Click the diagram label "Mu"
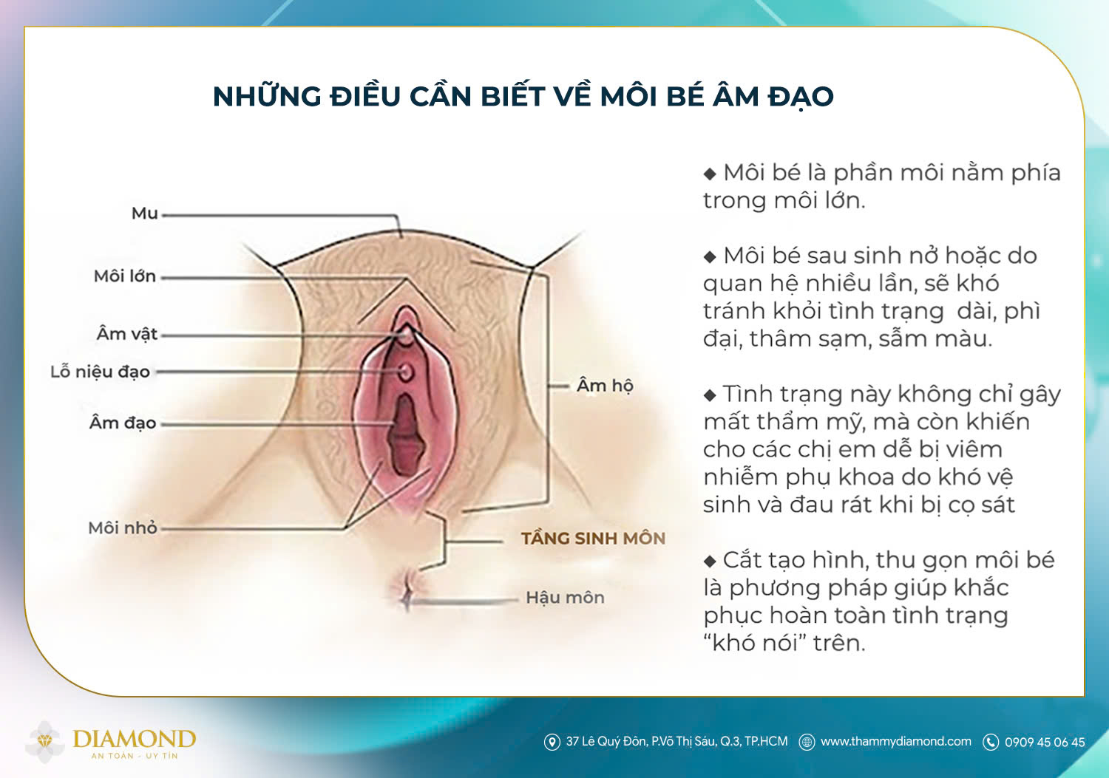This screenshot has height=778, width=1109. pyautogui.click(x=145, y=214)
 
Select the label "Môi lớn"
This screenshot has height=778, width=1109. pyautogui.click(x=124, y=276)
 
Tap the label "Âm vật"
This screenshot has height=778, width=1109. pyautogui.click(x=127, y=334)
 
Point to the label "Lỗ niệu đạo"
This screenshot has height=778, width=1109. pyautogui.click(x=100, y=372)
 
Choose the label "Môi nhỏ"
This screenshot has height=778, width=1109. pyautogui.click(x=123, y=528)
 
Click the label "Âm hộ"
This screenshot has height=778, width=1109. pyautogui.click(x=605, y=386)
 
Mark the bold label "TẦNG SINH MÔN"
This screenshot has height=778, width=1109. pyautogui.click(x=593, y=539)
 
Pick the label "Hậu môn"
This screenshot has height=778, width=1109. pyautogui.click(x=565, y=598)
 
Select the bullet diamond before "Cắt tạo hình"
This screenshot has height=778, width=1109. pyautogui.click(x=710, y=562)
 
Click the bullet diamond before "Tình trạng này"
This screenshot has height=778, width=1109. pyautogui.click(x=710, y=395)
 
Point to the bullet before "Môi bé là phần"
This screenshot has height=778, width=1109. pyautogui.click(x=710, y=174)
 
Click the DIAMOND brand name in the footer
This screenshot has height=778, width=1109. pyautogui.click(x=134, y=738)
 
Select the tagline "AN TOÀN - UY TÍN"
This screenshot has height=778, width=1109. pyautogui.click(x=134, y=756)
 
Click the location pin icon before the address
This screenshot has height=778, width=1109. pyautogui.click(x=552, y=742)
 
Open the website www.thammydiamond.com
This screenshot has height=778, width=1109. pyautogui.click(x=895, y=741)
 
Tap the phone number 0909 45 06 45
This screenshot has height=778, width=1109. pyautogui.click(x=1045, y=742)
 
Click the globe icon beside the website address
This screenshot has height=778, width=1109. pyautogui.click(x=807, y=742)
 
